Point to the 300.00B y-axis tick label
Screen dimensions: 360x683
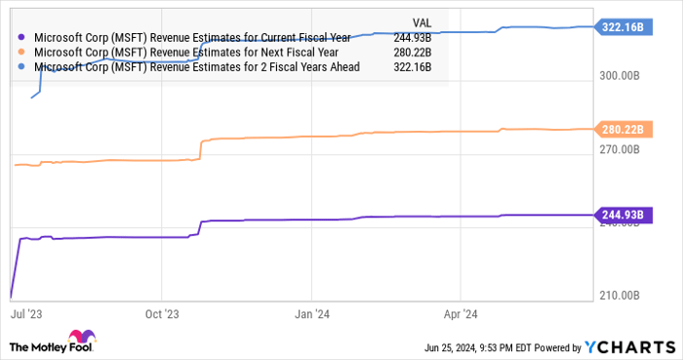620,75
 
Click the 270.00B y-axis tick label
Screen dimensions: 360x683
620,149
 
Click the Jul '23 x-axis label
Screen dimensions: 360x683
25,314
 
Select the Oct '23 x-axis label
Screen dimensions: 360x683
161,314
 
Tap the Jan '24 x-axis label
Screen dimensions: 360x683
312,314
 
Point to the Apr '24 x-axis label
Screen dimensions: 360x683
460,314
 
